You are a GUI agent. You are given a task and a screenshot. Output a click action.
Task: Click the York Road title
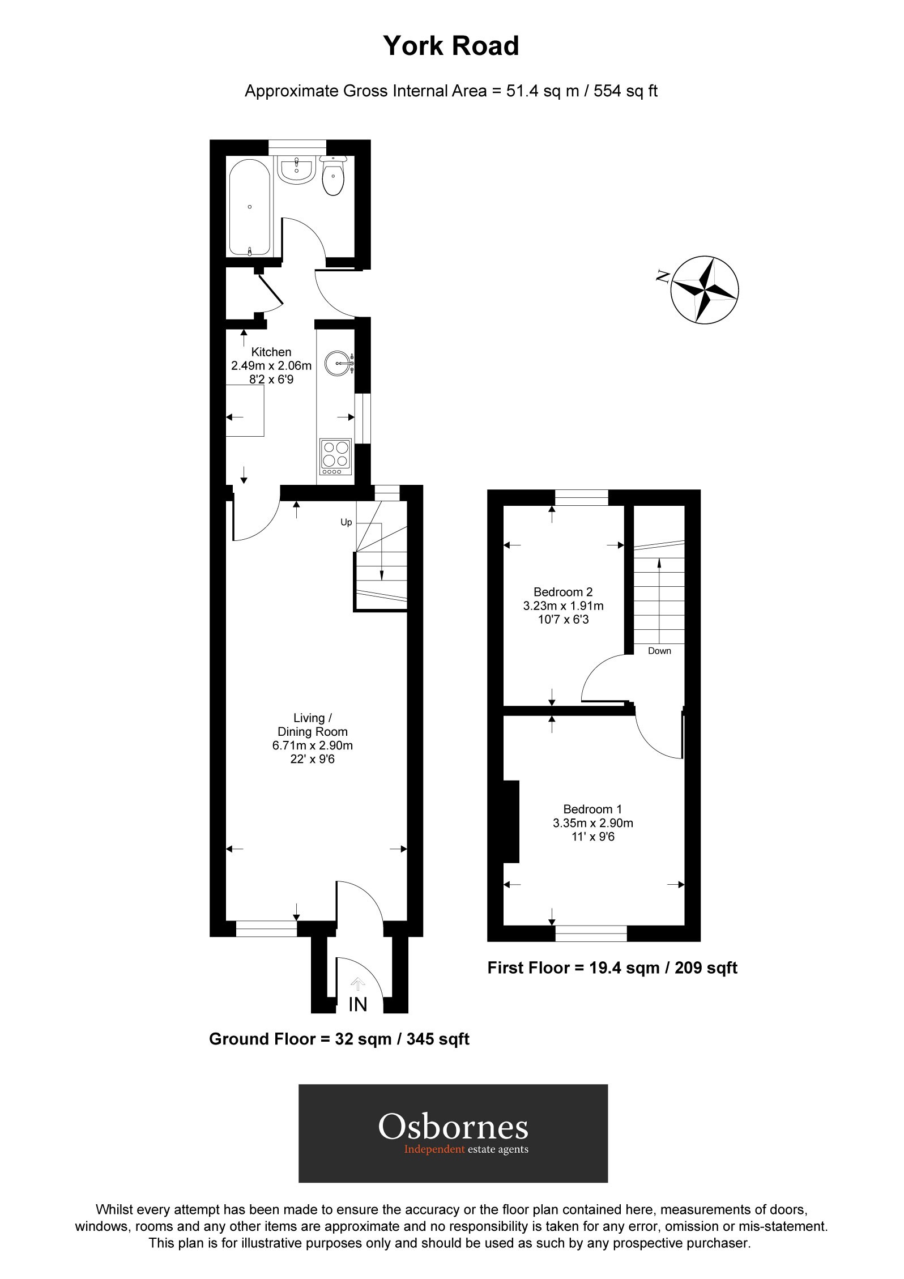[x=451, y=46]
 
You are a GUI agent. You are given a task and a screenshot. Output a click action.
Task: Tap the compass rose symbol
[x=705, y=290]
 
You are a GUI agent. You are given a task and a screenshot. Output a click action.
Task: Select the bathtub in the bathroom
[x=250, y=207]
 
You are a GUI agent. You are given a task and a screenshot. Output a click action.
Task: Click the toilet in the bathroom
[x=332, y=177]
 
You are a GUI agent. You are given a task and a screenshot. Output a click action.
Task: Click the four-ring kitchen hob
[x=336, y=456]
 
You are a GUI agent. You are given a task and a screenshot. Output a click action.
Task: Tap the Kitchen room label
[x=271, y=352]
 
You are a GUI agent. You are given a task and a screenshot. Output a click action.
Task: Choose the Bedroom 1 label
[x=592, y=809]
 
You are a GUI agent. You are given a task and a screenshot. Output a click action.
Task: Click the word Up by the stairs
[x=346, y=522]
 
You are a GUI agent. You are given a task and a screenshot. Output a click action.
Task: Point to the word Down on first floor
[x=659, y=651]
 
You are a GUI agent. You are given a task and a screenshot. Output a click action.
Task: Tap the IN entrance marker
[x=358, y=1004]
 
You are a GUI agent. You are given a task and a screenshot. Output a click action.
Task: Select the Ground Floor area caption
[x=339, y=1039]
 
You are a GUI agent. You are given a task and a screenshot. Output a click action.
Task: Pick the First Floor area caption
[x=612, y=967]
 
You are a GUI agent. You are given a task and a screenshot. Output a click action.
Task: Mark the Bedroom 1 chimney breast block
[x=511, y=821]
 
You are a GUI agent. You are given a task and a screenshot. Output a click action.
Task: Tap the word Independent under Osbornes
[x=434, y=1149]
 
